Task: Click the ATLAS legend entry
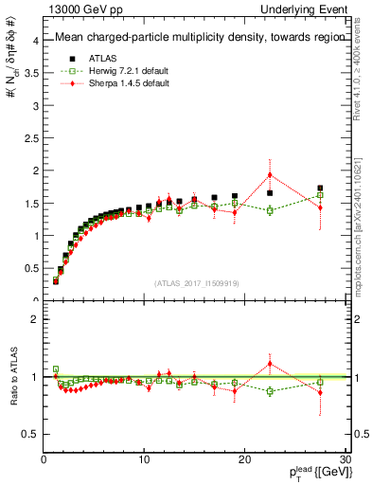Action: coord(98,58)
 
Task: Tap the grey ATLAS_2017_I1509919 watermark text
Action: coord(196,282)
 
